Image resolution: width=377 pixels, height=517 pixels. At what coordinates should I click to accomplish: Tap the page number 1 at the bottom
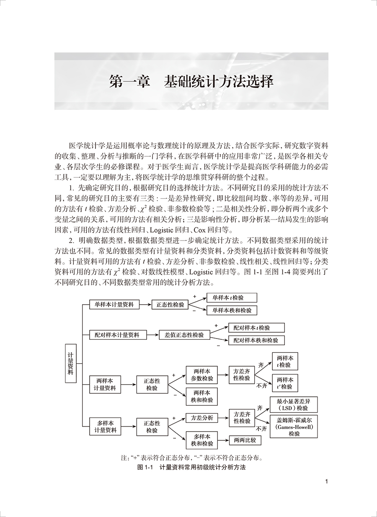tap(327, 482)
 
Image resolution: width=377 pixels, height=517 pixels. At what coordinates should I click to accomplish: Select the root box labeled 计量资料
tap(70, 363)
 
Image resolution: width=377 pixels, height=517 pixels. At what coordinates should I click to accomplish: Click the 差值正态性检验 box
tap(184, 335)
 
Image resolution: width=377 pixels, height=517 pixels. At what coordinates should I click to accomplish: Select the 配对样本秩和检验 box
tap(256, 340)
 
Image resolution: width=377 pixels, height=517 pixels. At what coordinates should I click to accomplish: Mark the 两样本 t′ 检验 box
tap(284, 383)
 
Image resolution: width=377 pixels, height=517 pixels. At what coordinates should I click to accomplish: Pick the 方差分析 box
tap(202, 418)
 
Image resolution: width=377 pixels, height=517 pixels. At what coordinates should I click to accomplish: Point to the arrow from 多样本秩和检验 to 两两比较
tap(223, 440)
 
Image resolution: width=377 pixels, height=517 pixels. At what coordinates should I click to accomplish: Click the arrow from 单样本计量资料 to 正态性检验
tap(145, 305)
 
